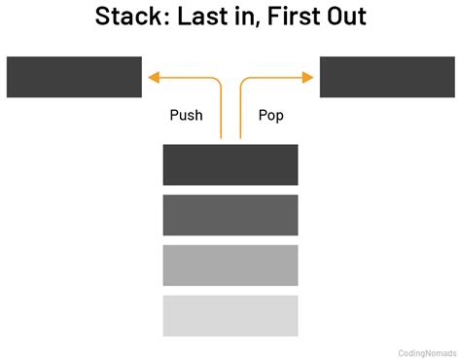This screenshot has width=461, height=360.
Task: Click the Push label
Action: click(186, 115)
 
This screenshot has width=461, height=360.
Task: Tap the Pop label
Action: click(271, 115)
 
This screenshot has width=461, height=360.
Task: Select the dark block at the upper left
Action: click(74, 77)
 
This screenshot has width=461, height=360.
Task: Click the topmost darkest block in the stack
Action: click(230, 164)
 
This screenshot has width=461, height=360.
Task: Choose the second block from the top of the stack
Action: click(230, 214)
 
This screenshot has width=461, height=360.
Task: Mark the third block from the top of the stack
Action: click(230, 265)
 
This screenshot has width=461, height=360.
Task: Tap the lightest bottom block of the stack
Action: click(230, 314)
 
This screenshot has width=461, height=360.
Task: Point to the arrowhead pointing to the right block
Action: click(310, 77)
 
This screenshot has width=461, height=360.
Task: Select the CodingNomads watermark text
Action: click(427, 353)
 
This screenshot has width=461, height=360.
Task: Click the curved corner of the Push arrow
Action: click(219, 81)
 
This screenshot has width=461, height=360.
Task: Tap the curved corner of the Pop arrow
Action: click(243, 81)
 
